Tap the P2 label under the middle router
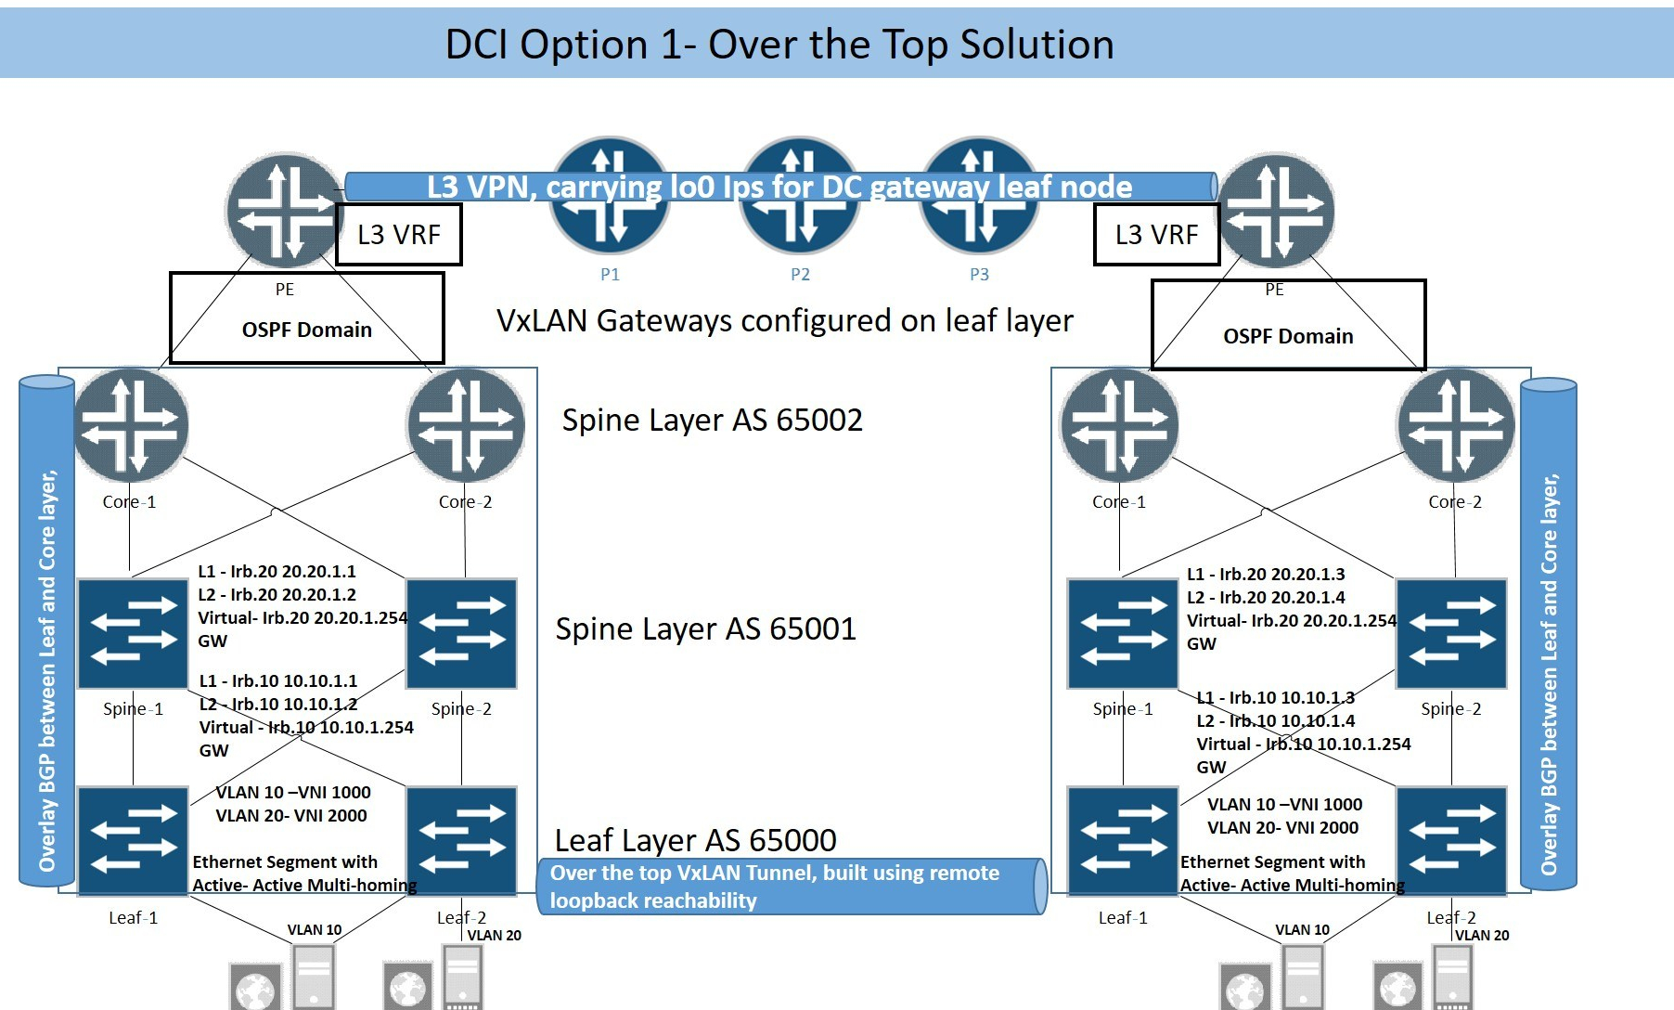click(x=800, y=275)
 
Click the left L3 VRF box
click(x=398, y=235)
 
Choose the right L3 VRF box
click(x=1156, y=235)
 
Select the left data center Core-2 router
click(x=466, y=426)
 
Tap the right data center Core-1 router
click(x=1120, y=426)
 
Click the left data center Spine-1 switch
click(x=133, y=633)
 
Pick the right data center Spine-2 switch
click(x=1451, y=633)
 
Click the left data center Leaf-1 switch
click(x=133, y=841)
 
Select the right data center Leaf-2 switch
click(x=1451, y=841)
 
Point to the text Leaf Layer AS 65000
click(x=695, y=840)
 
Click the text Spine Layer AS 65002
click(x=712, y=421)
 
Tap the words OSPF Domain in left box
click(x=306, y=330)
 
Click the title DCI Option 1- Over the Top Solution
click(x=779, y=44)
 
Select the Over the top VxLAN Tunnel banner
click(x=792, y=887)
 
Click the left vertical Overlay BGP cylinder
click(x=46, y=631)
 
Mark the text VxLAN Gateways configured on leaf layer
click(x=784, y=321)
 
